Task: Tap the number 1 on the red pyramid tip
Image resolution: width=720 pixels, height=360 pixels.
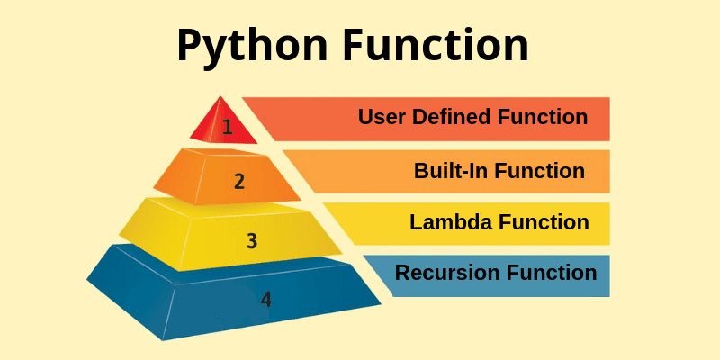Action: (227, 126)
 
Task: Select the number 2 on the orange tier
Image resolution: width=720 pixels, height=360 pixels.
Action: (238, 181)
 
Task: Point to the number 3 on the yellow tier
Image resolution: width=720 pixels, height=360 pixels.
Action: (252, 240)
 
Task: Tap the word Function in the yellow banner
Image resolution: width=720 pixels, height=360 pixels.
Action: (545, 221)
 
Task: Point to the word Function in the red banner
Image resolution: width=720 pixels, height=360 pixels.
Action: (544, 117)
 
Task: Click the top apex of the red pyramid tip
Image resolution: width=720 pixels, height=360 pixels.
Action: (217, 96)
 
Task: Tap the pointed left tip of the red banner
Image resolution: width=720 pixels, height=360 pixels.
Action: (243, 98)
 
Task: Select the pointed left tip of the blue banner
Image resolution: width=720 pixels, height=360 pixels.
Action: (364, 256)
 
